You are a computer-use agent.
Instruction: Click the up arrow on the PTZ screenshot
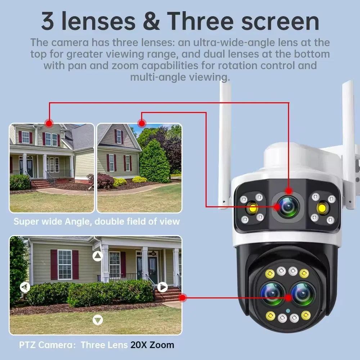98,256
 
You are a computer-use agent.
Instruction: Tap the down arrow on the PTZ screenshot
98,320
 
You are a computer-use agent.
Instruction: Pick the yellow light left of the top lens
251,208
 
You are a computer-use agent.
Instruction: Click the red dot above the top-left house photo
49,122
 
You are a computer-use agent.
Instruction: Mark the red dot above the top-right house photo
142,123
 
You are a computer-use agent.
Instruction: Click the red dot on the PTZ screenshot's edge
182,298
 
